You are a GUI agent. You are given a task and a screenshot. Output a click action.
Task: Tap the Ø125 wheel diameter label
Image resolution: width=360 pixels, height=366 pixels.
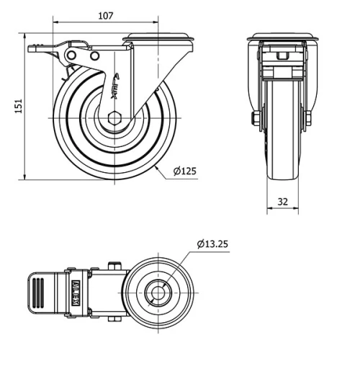coord(184,171)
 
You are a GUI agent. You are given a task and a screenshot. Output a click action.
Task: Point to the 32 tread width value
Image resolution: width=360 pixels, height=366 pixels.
coord(282,202)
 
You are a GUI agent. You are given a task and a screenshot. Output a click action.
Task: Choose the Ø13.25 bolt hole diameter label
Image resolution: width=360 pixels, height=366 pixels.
coord(213,244)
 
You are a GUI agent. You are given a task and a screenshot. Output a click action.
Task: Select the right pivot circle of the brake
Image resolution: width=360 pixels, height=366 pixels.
coord(94,55)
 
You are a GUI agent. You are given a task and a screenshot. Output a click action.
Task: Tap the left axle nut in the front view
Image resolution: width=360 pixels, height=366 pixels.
coord(255,117)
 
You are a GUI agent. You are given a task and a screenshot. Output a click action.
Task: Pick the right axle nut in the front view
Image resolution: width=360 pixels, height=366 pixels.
coord(309,117)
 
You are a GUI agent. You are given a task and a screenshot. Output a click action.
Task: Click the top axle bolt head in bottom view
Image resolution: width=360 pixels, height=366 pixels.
coord(113,266)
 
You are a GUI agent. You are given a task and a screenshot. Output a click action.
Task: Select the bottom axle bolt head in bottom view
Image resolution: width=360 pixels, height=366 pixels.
coord(113,319)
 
